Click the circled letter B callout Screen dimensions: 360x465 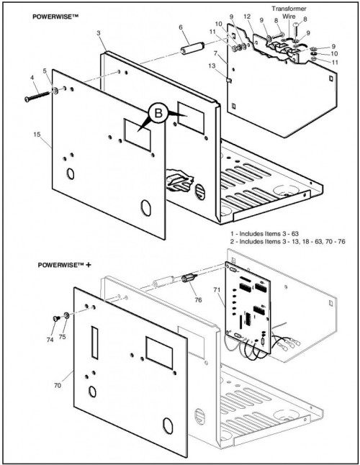[158, 113]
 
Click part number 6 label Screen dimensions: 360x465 [181, 27]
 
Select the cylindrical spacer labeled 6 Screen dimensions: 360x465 [192, 48]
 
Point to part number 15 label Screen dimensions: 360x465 [37, 135]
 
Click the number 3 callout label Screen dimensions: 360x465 [99, 33]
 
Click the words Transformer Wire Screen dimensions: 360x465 [289, 12]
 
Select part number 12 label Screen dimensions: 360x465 [247, 17]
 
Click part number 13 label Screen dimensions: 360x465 [212, 66]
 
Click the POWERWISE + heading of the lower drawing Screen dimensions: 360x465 [64, 264]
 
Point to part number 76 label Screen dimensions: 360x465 [198, 300]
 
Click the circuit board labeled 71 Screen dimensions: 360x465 [248, 307]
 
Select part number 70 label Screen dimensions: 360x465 [58, 386]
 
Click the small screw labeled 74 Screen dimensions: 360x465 [56, 319]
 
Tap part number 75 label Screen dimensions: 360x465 [62, 337]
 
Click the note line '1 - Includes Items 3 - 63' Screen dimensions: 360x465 [264, 234]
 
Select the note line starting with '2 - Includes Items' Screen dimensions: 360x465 [288, 241]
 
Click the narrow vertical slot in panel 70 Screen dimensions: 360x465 [94, 343]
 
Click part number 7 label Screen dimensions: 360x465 [215, 54]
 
